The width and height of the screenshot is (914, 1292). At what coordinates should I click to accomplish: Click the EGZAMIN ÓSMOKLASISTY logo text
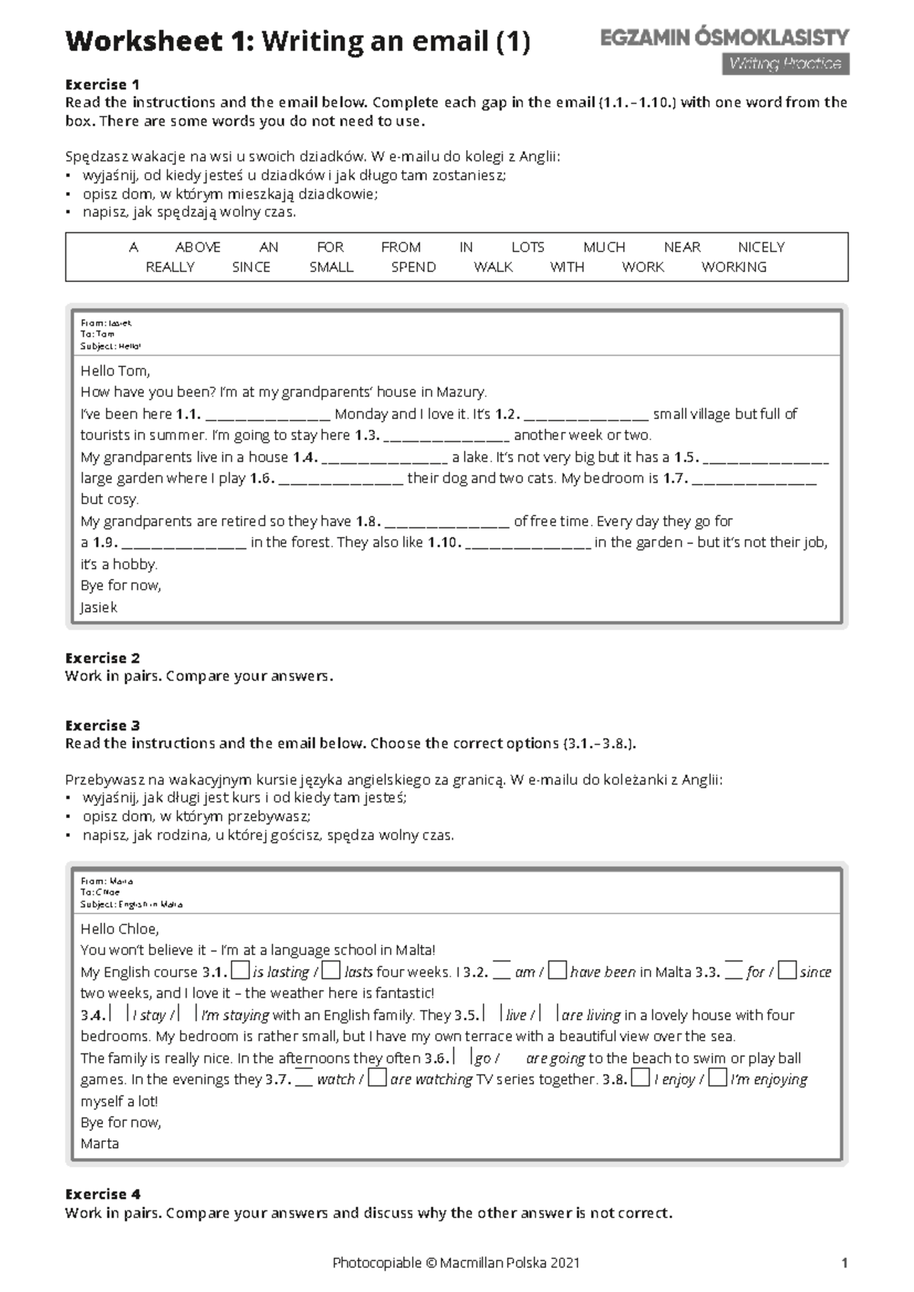point(724,37)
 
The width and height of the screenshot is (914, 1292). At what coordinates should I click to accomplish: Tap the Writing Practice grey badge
point(785,64)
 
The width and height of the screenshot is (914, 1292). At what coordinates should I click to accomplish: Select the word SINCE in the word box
point(251,267)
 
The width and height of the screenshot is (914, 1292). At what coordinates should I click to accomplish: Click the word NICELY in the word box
point(760,247)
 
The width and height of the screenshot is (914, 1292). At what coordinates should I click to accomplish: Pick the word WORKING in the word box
point(733,267)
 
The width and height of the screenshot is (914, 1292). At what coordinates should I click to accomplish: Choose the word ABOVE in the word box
point(197,247)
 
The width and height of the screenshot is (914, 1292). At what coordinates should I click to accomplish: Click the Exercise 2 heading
point(102,657)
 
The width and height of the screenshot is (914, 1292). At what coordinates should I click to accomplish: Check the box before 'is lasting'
point(240,971)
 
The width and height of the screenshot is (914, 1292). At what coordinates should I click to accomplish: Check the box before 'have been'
point(558,971)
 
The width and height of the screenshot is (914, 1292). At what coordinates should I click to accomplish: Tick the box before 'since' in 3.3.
point(788,971)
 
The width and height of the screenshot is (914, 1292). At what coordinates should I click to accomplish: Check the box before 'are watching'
point(376,1078)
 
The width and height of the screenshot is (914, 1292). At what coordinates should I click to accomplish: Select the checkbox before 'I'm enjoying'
point(717,1078)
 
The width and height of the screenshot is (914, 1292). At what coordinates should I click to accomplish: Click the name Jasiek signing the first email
point(99,607)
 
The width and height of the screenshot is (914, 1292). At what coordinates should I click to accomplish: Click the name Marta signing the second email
point(100,1143)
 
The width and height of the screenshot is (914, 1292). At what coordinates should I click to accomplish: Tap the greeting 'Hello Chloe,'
point(120,929)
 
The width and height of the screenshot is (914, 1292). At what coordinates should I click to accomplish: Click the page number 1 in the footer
point(844,1262)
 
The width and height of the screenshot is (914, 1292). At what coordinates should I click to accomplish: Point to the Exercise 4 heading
point(102,1194)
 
